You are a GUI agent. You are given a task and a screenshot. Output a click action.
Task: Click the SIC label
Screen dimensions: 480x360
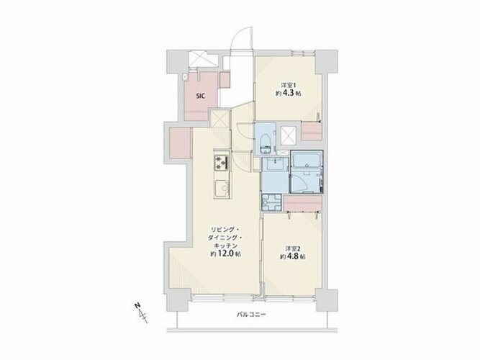[201, 96]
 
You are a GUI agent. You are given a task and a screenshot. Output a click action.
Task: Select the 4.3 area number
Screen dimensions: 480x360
[290, 94]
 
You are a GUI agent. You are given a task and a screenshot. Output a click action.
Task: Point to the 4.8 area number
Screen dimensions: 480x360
[294, 256]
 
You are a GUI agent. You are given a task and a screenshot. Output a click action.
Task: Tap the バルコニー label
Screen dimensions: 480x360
[252, 315]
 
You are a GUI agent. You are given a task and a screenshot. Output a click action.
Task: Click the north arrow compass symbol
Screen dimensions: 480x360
[140, 312]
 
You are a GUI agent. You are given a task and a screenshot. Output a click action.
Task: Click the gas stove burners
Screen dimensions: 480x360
[222, 163]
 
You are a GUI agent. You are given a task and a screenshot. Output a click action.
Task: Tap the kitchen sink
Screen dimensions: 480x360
[222, 189]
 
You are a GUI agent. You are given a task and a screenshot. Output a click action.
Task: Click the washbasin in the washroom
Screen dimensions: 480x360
[276, 165]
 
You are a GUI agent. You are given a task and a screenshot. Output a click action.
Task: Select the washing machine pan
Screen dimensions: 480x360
[271, 203]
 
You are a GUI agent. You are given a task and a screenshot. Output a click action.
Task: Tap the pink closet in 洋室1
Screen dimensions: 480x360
[312, 131]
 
